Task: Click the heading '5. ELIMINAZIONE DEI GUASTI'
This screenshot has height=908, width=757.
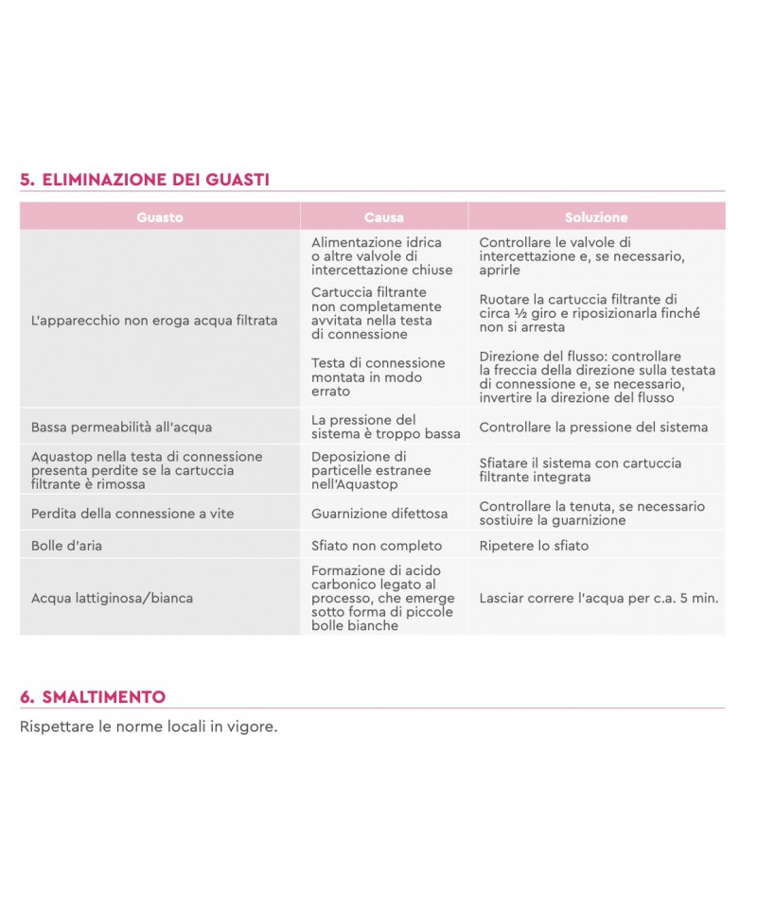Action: point(145,180)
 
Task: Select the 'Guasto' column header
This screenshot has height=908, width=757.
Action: point(160,217)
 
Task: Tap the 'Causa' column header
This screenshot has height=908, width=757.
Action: point(383,217)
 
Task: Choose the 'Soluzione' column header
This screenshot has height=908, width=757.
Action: point(596,217)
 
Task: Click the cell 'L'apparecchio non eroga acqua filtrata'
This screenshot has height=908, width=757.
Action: point(154,321)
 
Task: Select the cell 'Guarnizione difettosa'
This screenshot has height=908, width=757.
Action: point(379,514)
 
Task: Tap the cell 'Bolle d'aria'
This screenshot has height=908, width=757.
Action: point(66,546)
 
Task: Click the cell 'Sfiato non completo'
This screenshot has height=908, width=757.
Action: point(377,546)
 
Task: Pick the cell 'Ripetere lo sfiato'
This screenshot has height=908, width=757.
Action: point(534,546)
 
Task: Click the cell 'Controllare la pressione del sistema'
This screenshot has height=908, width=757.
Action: point(593,427)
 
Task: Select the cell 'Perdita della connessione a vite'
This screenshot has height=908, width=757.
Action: point(132,514)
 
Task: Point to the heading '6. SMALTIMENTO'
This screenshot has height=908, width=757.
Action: point(93,697)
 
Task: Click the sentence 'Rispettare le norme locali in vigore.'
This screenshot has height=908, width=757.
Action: point(149,727)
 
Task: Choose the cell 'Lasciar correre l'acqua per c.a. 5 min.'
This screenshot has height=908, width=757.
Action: point(599,598)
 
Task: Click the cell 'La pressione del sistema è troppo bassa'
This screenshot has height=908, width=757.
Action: point(386,427)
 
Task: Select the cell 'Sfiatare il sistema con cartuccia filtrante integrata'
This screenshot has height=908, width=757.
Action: point(580,470)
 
